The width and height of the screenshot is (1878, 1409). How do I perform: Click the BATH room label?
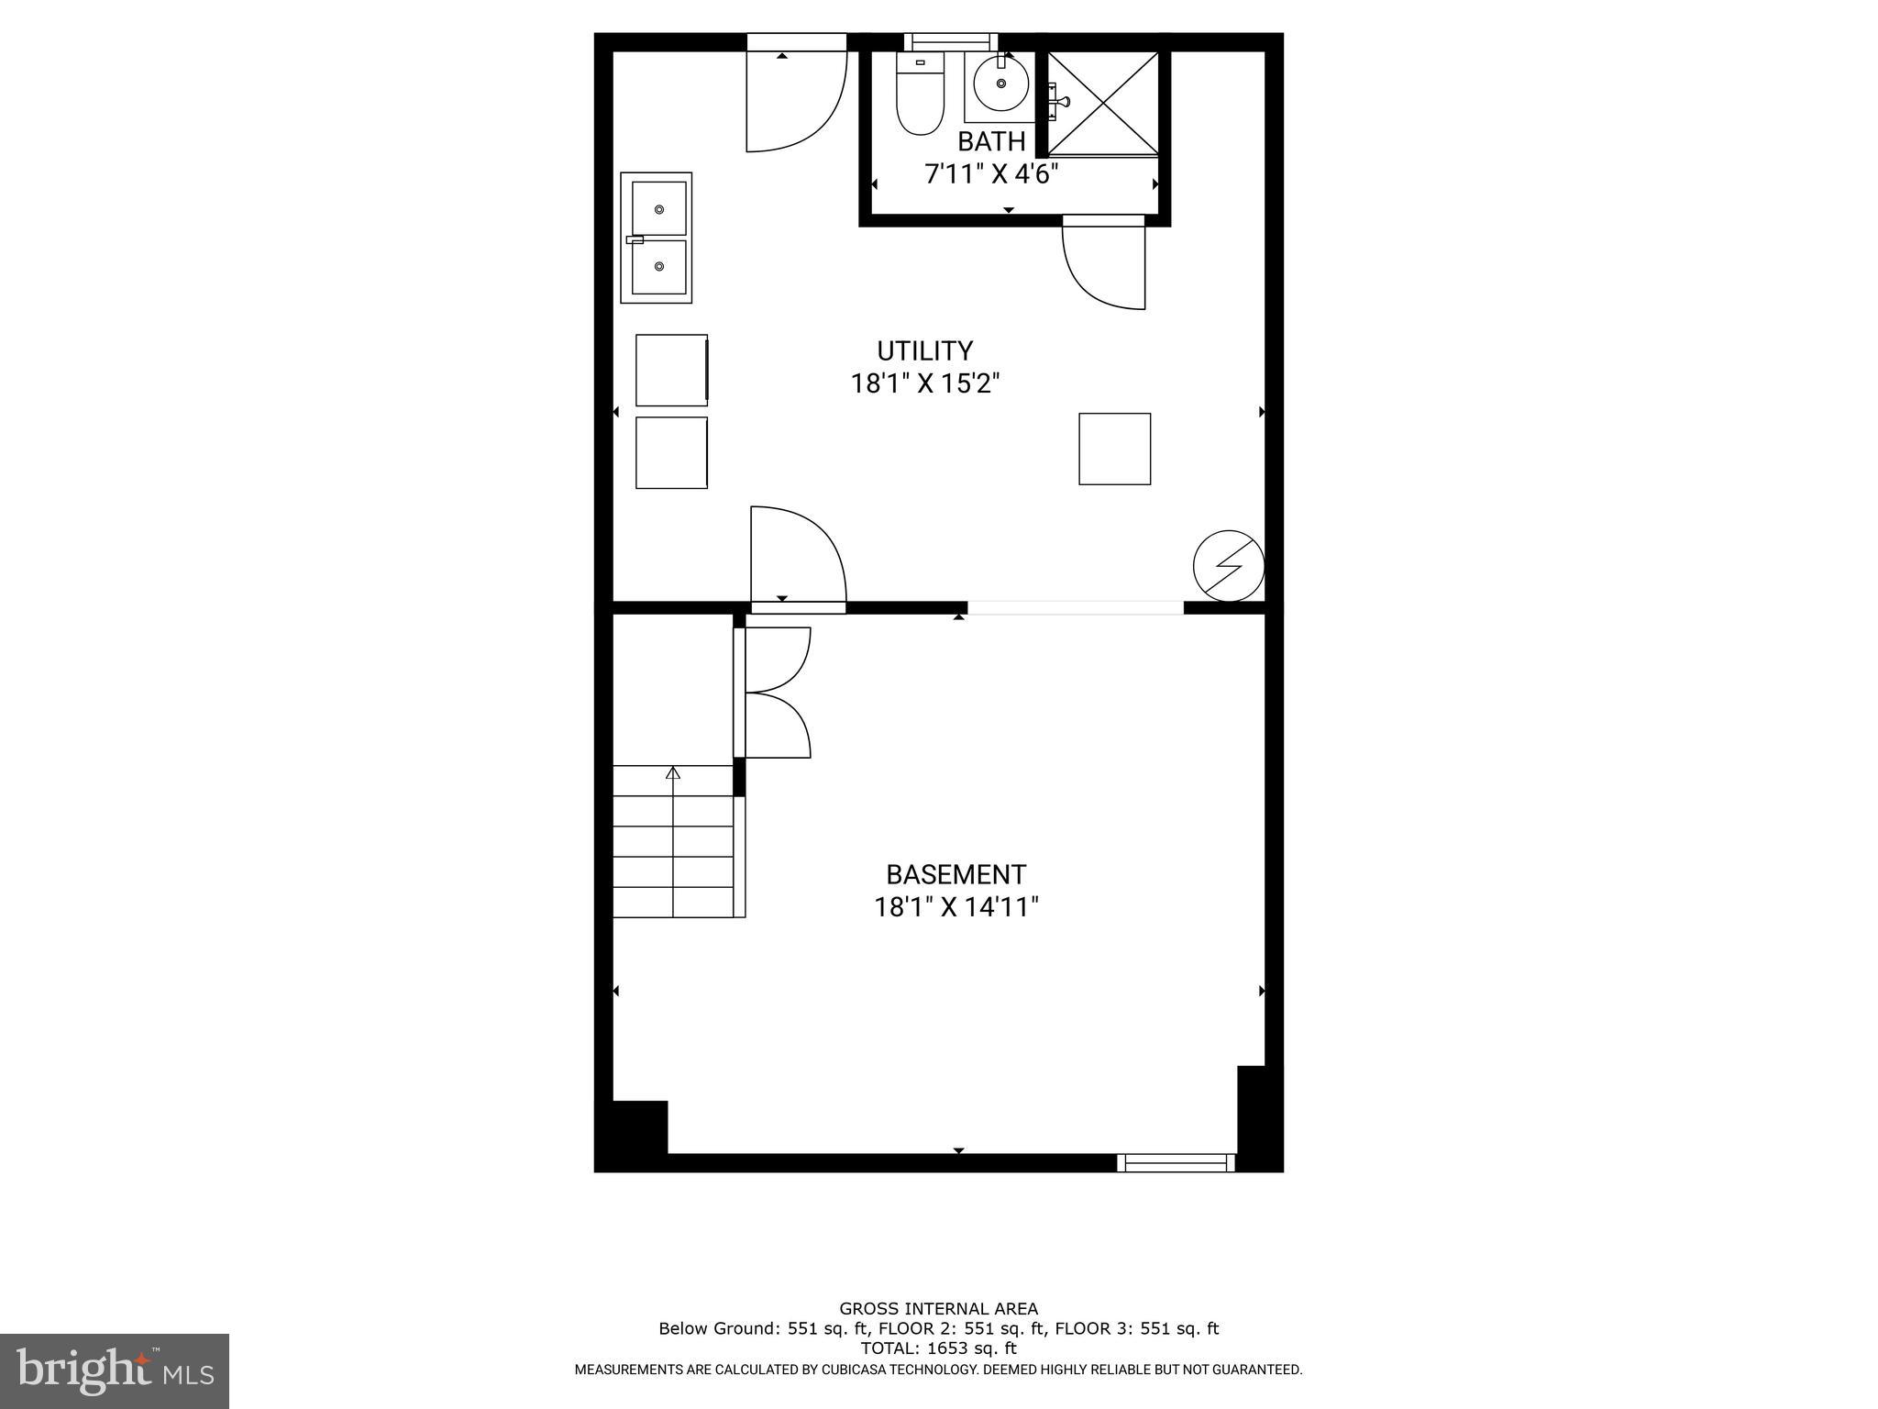coord(990,141)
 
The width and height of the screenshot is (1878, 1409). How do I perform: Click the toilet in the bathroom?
coord(920,96)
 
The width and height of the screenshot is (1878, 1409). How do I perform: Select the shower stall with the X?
coord(1103,103)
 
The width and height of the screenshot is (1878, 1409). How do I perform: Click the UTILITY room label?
coord(924,351)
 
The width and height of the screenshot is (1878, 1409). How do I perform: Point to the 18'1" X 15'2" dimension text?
coord(924,383)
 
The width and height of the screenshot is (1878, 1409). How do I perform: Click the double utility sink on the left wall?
coord(657,238)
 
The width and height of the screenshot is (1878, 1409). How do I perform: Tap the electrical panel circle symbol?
coord(1228,566)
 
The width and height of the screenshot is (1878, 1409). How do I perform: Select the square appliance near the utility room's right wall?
coord(1114,449)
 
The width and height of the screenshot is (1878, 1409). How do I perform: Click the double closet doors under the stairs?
coord(776,693)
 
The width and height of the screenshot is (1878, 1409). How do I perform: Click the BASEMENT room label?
coord(956,874)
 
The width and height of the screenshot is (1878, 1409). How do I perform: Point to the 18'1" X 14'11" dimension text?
coord(956,907)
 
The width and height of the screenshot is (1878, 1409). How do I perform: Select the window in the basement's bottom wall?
coord(1176,1163)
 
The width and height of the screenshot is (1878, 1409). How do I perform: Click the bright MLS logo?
coord(115,1371)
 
